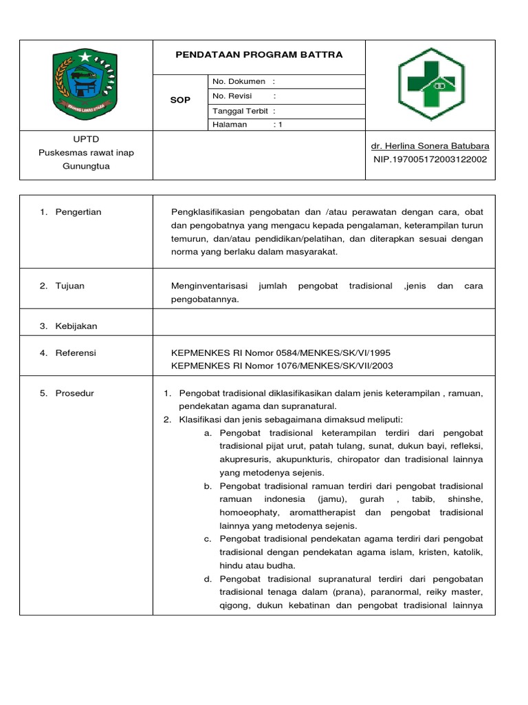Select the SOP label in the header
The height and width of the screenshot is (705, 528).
tap(180, 101)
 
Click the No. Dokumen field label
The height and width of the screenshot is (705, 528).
tap(239, 81)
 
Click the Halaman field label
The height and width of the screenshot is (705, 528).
tap(230, 125)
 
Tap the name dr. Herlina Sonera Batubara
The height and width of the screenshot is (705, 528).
tap(430, 146)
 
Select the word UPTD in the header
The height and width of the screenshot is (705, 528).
tap(87, 139)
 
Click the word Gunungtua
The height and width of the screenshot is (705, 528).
tap(87, 166)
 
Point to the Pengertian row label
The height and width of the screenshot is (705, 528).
tap(78, 212)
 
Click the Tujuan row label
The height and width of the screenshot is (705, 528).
tap(70, 286)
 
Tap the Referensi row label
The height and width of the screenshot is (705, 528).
tap(76, 353)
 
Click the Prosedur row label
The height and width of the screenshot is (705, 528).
tap(75, 393)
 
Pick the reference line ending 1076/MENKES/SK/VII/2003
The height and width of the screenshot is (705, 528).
tap(282, 366)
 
